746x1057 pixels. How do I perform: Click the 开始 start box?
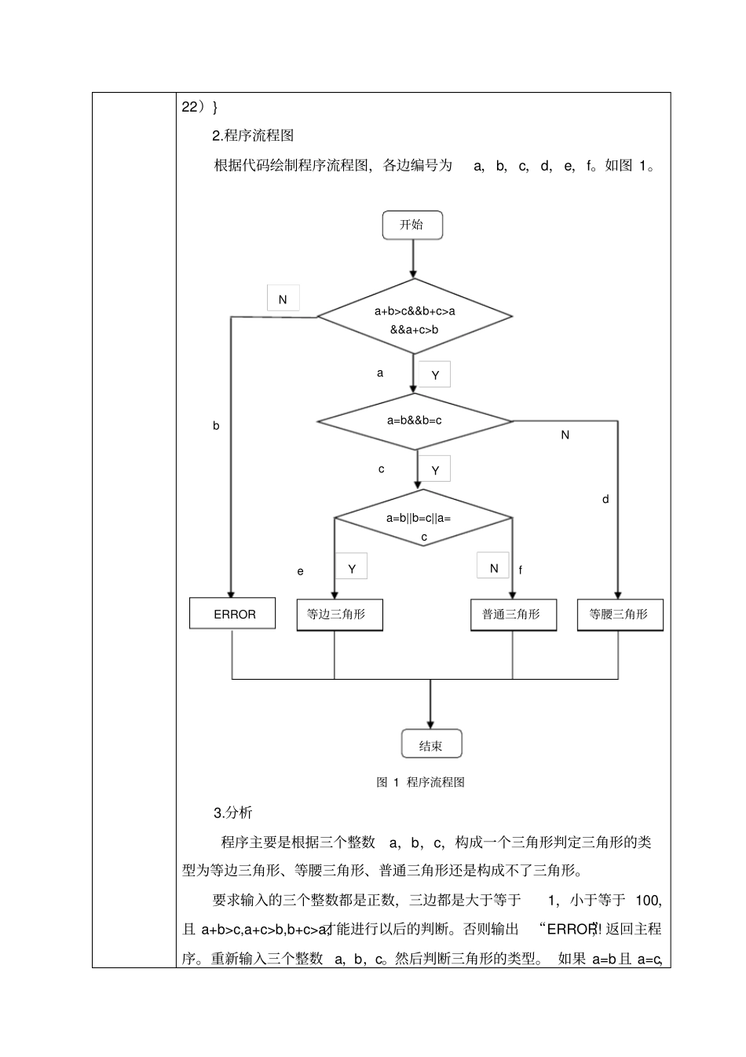click(x=412, y=225)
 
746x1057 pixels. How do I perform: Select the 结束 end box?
click(x=430, y=745)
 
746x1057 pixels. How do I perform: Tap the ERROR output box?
click(x=233, y=614)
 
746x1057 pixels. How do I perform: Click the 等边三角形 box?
click(x=339, y=614)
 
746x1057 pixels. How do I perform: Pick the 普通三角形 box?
click(x=514, y=614)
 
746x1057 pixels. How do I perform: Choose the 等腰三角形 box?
click(x=620, y=614)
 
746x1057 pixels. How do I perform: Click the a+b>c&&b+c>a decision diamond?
click(x=414, y=318)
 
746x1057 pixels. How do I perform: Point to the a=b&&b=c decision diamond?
click(x=414, y=420)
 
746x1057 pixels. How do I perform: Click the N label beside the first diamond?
click(x=283, y=299)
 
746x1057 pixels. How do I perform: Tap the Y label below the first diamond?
click(x=434, y=376)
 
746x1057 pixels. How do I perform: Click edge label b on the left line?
click(x=216, y=426)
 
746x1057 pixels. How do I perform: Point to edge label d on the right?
click(x=605, y=499)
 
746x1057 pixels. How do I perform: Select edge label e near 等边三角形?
click(x=300, y=571)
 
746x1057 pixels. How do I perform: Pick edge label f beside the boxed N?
click(x=521, y=571)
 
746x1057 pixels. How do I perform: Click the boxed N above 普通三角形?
click(x=493, y=567)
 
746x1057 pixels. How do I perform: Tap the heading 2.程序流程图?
click(x=253, y=135)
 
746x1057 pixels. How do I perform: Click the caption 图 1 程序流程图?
click(x=420, y=782)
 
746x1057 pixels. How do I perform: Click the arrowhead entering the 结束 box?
click(x=430, y=724)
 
